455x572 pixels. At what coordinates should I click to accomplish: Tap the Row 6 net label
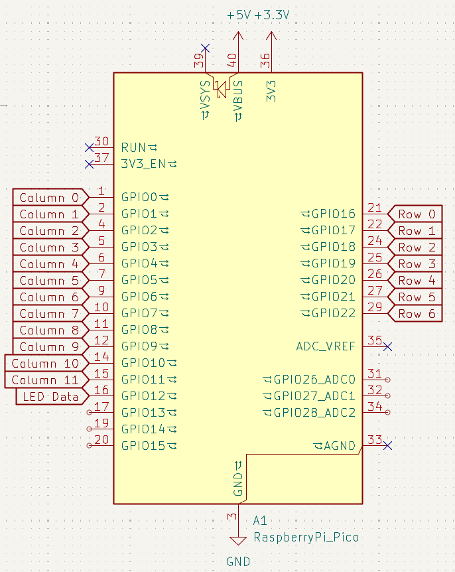coord(417,313)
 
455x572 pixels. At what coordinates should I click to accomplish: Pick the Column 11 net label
coord(44,380)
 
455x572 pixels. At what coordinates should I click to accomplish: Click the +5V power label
coord(239,15)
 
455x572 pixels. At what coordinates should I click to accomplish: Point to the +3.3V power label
coord(272,15)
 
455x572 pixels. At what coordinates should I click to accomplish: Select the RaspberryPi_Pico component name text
coord(306,537)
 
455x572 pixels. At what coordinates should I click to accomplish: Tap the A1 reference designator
coord(261,521)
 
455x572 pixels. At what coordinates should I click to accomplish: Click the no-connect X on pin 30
coord(90,147)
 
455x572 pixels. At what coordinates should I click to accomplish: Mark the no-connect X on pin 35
coord(388,346)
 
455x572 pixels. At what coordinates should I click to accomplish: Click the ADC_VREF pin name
coord(326,346)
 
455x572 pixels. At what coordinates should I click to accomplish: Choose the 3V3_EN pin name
coord(143,163)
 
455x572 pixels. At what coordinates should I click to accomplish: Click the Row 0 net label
coord(417,214)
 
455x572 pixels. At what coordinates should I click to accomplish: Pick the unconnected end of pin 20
coord(90,446)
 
